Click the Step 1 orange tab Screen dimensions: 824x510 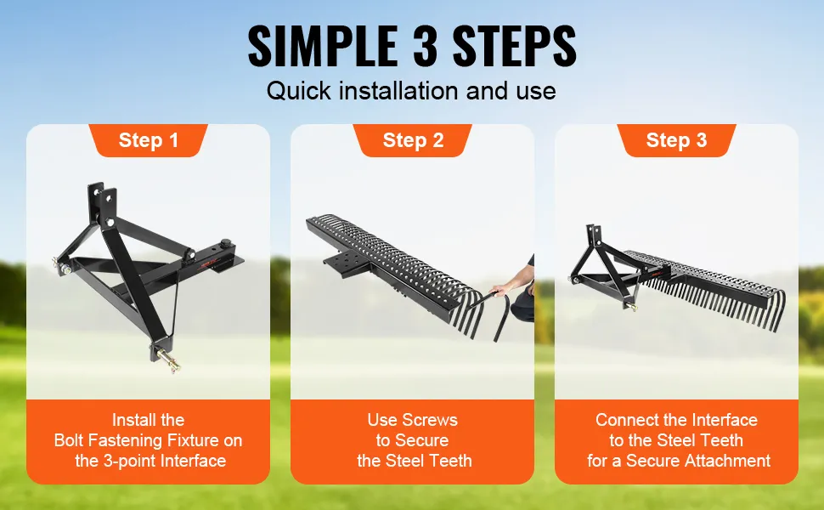click(148, 140)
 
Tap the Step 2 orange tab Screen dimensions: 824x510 click(413, 140)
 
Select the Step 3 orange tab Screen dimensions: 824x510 click(676, 140)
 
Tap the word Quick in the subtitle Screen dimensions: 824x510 click(298, 91)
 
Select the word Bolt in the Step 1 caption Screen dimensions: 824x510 click(70, 440)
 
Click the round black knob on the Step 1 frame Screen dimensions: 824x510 click(227, 243)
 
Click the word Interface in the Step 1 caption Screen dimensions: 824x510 click(194, 461)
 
